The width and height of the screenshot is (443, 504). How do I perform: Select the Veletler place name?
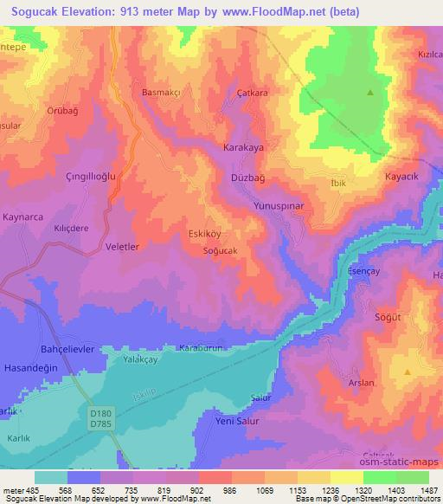click(122, 247)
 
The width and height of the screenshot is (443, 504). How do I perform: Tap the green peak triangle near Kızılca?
click(371, 92)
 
